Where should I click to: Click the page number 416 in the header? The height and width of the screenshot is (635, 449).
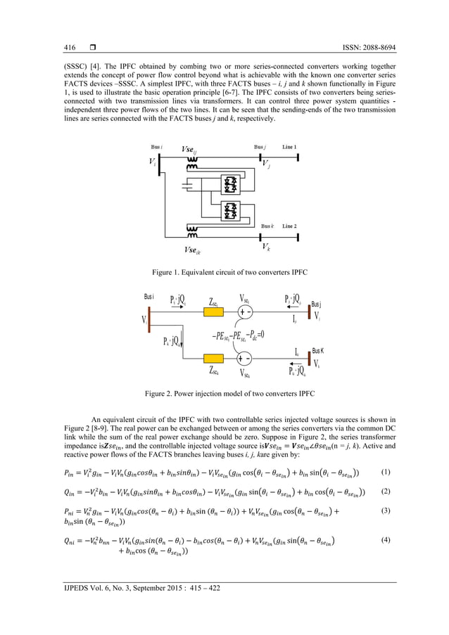tap(70, 48)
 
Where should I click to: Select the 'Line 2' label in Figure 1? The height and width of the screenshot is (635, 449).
tap(290, 226)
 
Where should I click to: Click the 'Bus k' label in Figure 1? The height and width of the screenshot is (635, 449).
tap(267, 226)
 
